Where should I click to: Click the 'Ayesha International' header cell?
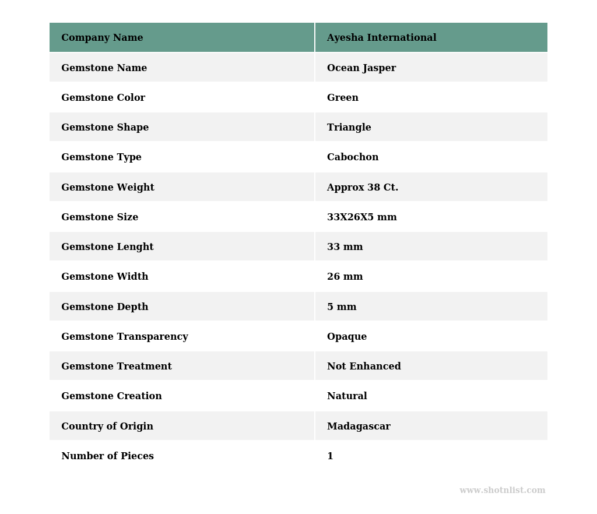pyautogui.click(x=381, y=38)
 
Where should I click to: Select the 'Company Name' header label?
pyautogui.click(x=102, y=38)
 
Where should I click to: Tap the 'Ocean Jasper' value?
pyautogui.click(x=361, y=68)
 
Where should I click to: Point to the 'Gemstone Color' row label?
pyautogui.click(x=103, y=98)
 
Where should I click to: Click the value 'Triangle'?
pyautogui.click(x=349, y=128)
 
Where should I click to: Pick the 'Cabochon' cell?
pyautogui.click(x=352, y=157)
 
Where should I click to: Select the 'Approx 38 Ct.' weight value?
pyautogui.click(x=362, y=188)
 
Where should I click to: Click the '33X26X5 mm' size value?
pyautogui.click(x=361, y=217)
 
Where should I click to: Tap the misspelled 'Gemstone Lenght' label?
pyautogui.click(x=107, y=247)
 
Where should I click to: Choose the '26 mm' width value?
pyautogui.click(x=345, y=277)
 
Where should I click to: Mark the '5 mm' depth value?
pyautogui.click(x=341, y=307)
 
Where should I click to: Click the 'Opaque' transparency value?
pyautogui.click(x=346, y=337)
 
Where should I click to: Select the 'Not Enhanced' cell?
pyautogui.click(x=364, y=367)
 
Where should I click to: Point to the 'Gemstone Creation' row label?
pyautogui.click(x=111, y=396)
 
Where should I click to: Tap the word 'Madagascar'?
pyautogui.click(x=359, y=427)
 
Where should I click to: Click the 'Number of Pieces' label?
pyautogui.click(x=107, y=456)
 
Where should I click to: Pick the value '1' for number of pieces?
pyautogui.click(x=330, y=456)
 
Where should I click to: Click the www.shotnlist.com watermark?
pyautogui.click(x=502, y=491)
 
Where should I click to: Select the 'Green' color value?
pyautogui.click(x=342, y=98)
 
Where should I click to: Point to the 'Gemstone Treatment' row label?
pyautogui.click(x=116, y=367)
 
